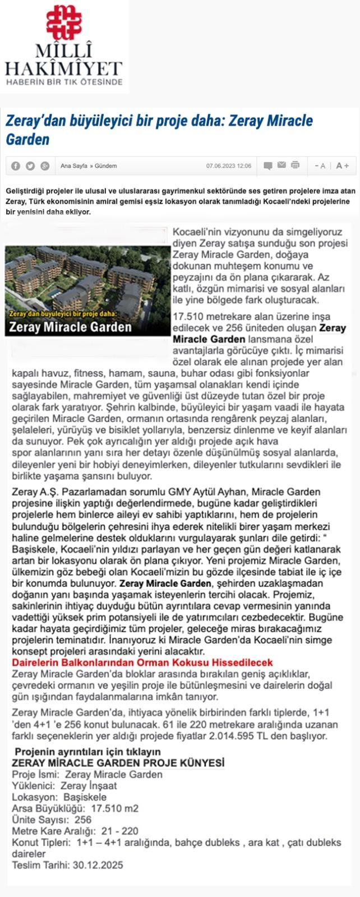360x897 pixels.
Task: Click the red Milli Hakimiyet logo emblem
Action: click(x=63, y=22)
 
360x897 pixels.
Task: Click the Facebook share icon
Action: click(x=16, y=166)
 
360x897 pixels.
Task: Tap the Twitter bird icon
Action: click(x=30, y=166)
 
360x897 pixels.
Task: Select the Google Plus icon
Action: click(x=45, y=166)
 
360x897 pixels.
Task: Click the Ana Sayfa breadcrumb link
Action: click(x=73, y=166)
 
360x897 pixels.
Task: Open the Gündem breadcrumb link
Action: click(x=106, y=166)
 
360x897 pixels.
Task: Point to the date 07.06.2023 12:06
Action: click(x=229, y=166)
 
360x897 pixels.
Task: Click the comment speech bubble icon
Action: click(x=268, y=165)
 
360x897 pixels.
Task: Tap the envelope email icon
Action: click(x=281, y=165)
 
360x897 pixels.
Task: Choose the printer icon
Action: click(x=295, y=165)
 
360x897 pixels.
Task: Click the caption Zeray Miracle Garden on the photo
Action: click(x=71, y=327)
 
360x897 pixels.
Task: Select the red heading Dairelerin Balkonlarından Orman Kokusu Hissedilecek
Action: click(x=142, y=663)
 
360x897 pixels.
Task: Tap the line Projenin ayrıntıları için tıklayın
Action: click(x=87, y=752)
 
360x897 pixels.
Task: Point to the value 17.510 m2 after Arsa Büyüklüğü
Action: click(x=114, y=808)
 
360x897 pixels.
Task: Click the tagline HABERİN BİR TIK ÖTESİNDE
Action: click(x=63, y=82)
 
